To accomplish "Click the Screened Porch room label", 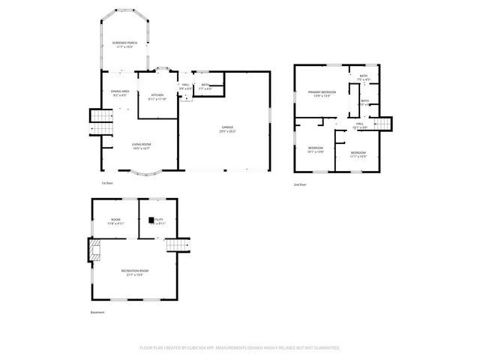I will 125,43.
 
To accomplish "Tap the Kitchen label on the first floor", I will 157,95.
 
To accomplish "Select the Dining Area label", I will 120,91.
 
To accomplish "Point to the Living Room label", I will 142,145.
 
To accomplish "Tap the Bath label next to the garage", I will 205,87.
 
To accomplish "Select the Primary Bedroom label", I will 322,92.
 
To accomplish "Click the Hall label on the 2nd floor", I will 360,124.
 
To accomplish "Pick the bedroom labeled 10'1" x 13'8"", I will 316,149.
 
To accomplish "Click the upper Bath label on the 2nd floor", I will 364,76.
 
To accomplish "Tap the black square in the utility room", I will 152,220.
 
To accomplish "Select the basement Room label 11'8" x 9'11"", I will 115,222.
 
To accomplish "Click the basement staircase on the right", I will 178,245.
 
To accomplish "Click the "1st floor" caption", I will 107,183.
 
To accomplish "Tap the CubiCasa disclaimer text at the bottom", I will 240,348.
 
